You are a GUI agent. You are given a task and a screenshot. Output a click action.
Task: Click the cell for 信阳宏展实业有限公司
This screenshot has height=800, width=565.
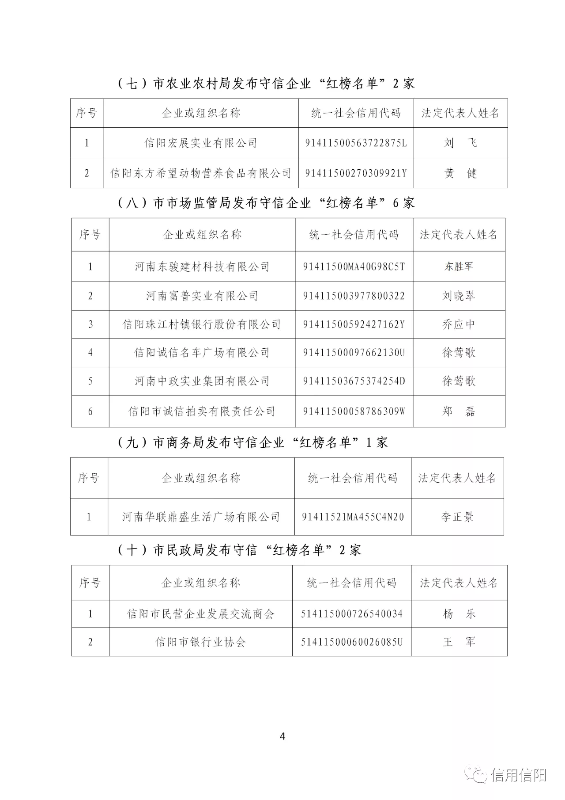coord(201,143)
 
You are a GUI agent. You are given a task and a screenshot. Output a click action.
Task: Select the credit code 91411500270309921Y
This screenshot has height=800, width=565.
coord(356,173)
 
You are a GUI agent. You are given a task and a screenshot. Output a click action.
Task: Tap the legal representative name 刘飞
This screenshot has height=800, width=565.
coord(460,143)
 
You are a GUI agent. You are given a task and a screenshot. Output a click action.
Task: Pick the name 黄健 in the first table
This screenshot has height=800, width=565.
coord(460,173)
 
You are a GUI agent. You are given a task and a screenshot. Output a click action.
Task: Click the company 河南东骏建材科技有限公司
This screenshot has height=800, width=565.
coord(202,267)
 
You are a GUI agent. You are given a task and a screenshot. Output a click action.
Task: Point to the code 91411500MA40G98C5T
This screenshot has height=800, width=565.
coord(354,267)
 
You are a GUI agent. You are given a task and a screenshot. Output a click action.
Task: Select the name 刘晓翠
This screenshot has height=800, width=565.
coord(459,296)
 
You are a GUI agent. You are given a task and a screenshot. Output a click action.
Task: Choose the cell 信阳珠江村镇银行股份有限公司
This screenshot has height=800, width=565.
coord(202,324)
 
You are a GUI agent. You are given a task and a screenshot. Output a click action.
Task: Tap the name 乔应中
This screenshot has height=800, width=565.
coord(459,324)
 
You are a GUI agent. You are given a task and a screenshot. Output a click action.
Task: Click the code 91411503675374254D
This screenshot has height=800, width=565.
coord(354,381)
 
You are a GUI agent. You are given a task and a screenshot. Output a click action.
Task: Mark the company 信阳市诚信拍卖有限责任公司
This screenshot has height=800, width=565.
coord(202,411)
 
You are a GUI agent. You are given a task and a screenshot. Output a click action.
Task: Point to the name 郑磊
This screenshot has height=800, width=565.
coord(459,411)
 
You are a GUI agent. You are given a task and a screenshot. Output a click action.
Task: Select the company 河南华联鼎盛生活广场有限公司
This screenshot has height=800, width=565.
coord(201,517)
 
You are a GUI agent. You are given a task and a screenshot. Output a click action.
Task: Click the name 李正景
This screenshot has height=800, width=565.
coord(457,517)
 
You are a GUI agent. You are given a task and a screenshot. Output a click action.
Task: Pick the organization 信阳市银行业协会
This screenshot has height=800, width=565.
coord(200,642)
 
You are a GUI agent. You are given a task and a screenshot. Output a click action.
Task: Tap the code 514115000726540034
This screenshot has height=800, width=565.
coord(352,613)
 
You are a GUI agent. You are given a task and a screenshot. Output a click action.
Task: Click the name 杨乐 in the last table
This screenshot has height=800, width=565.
coord(459,613)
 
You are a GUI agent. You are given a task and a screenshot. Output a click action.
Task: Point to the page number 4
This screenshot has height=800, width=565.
coord(282,736)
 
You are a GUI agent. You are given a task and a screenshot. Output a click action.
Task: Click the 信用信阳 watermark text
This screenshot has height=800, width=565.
coord(518,775)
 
